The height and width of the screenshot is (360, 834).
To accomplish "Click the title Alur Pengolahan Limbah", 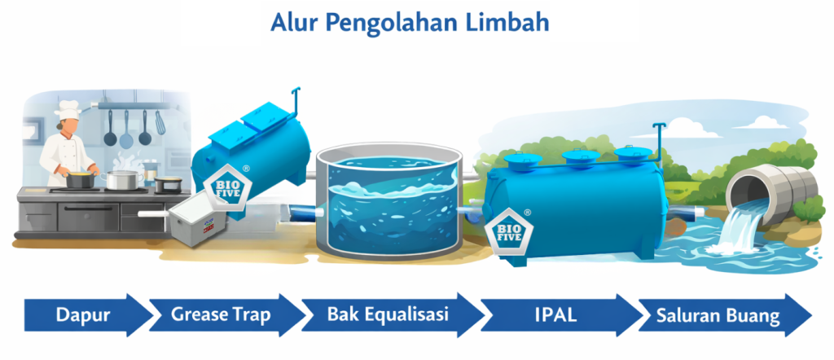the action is (410, 24).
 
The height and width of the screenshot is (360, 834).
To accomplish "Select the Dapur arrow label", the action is (83, 315).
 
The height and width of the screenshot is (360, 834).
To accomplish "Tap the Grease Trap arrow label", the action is (221, 315).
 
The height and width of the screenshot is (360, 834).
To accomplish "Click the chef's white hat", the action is (69, 110).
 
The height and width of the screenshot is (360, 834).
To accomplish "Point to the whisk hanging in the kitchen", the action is (160, 123).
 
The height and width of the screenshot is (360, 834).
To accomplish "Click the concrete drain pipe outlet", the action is (771, 192).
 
